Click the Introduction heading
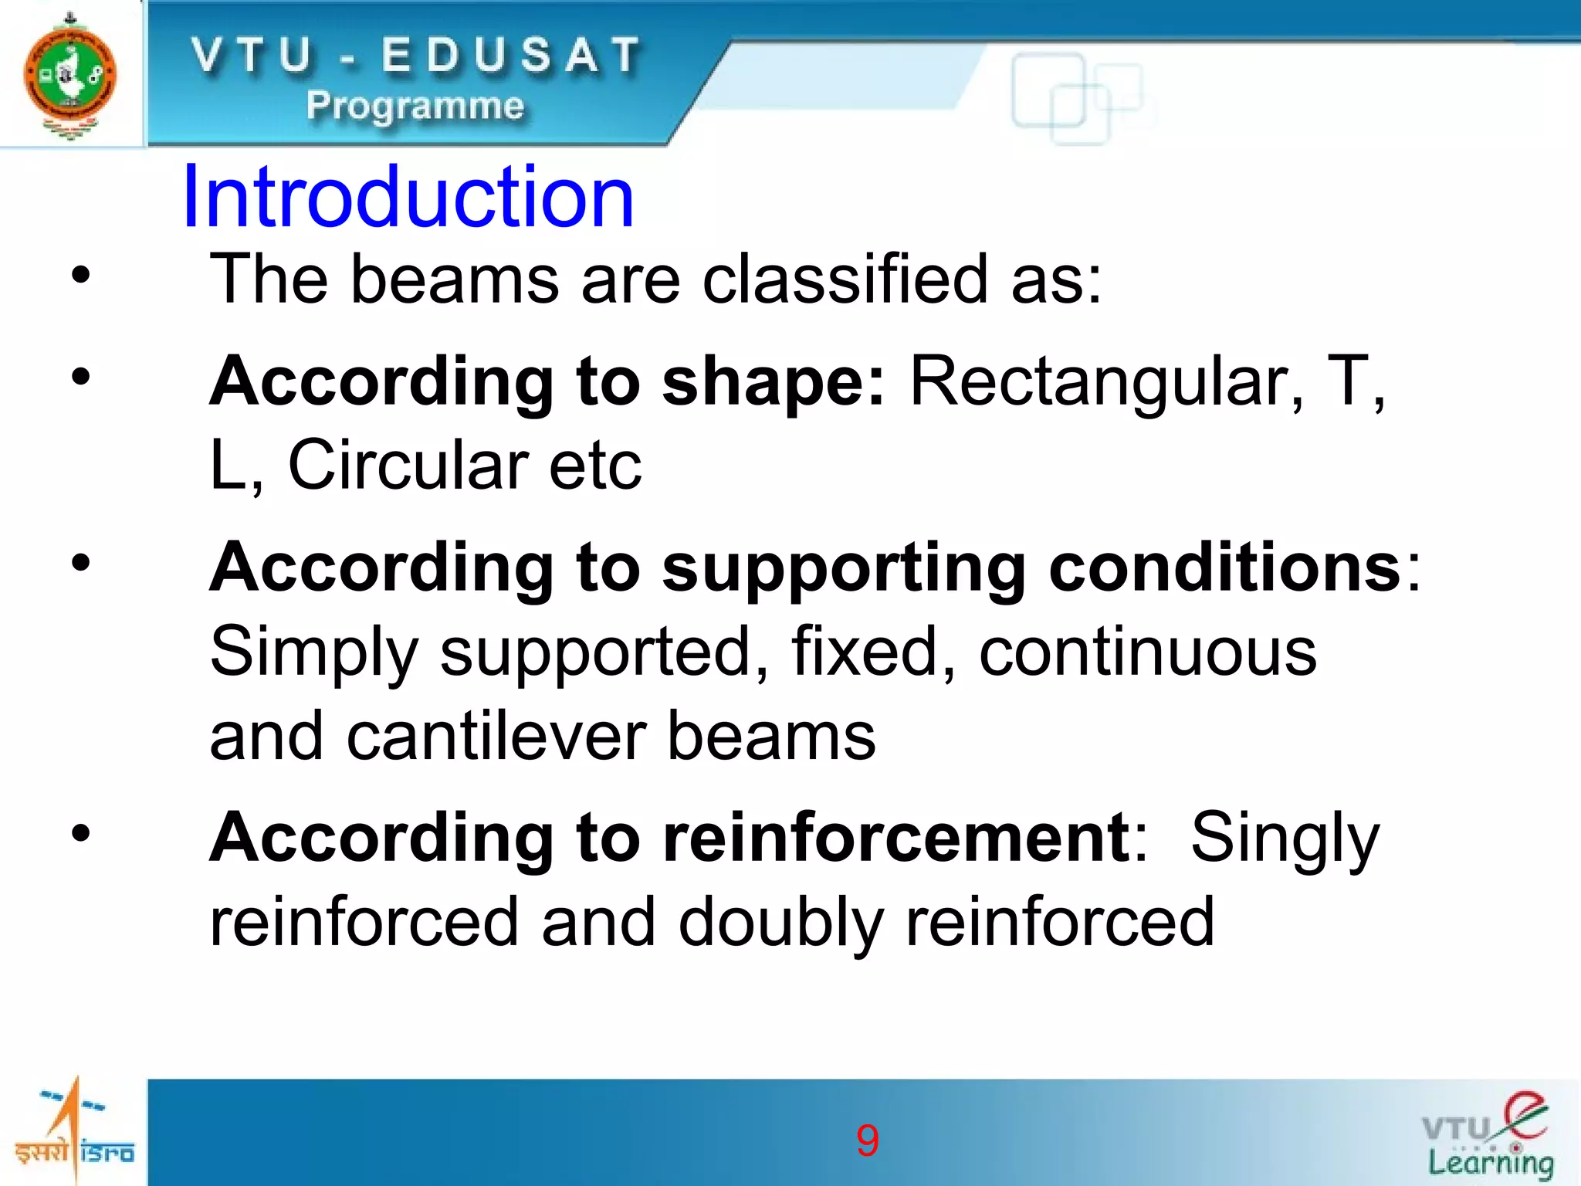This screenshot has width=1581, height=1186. click(x=408, y=197)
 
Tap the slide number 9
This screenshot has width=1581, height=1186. click(x=867, y=1140)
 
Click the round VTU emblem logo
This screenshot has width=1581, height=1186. click(x=69, y=75)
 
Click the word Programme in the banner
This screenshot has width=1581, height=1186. click(x=415, y=106)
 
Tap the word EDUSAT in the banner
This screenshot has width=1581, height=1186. click(x=511, y=56)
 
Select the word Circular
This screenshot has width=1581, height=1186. click(x=408, y=466)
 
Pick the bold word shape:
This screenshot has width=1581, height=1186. click(x=773, y=382)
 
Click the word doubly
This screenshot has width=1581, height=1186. click(x=780, y=923)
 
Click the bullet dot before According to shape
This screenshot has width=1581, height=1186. click(x=81, y=378)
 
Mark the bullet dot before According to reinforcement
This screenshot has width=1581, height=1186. click(x=81, y=834)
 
